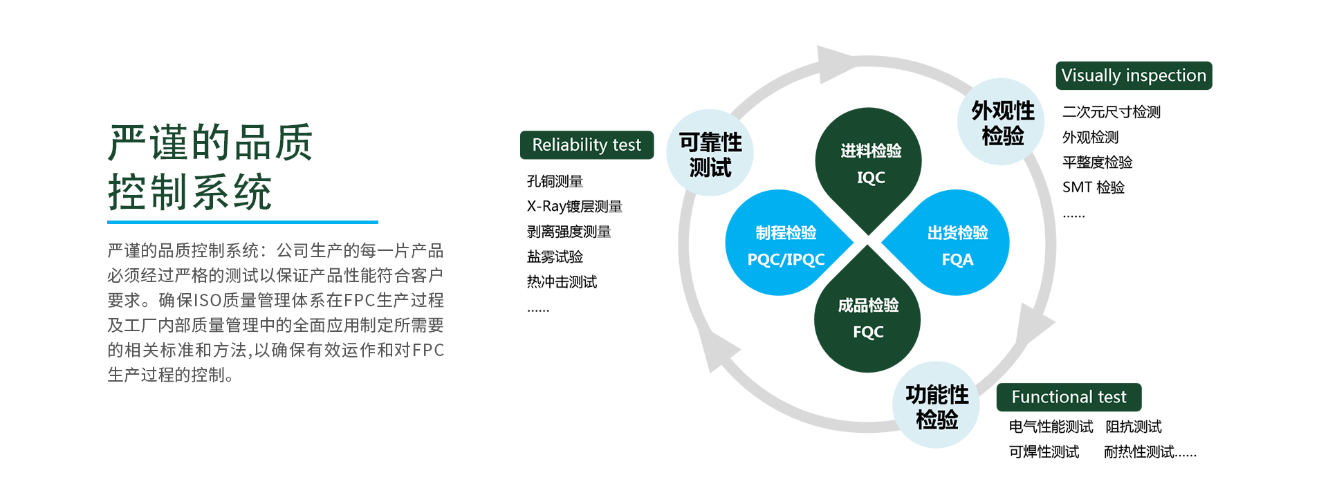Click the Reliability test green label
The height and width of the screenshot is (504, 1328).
tap(587, 145)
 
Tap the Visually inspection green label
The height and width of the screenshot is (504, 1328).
tap(1134, 75)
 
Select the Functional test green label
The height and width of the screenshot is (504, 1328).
tap(1069, 397)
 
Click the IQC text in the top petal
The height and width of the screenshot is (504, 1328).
tap(871, 178)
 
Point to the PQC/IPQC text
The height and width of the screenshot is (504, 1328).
tap(786, 259)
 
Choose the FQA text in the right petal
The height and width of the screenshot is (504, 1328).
tap(957, 259)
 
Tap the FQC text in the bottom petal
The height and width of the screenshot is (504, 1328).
tap(868, 332)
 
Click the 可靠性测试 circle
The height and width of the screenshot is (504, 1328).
tap(710, 153)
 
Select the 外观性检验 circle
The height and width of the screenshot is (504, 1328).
tap(1002, 122)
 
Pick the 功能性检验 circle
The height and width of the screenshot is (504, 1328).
tap(937, 405)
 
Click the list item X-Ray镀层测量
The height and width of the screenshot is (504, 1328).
tap(575, 206)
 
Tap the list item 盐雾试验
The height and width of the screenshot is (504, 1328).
tap(555, 256)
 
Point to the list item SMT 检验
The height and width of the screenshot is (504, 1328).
tap(1094, 187)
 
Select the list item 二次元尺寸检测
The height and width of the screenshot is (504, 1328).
tap(1112, 111)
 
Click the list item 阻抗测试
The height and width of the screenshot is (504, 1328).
tap(1134, 427)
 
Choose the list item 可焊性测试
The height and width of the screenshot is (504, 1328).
tap(1044, 451)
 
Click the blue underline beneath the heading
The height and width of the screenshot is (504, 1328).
tap(243, 222)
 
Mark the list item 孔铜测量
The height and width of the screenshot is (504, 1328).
tap(555, 181)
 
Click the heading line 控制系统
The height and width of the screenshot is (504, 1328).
tap(190, 192)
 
